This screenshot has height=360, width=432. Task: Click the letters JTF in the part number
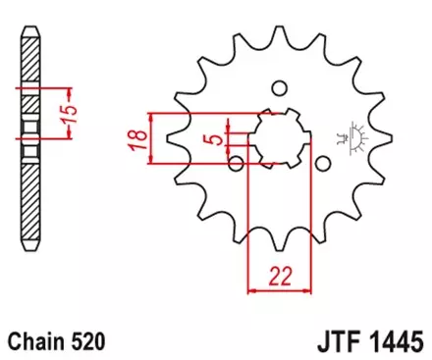(335, 340)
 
